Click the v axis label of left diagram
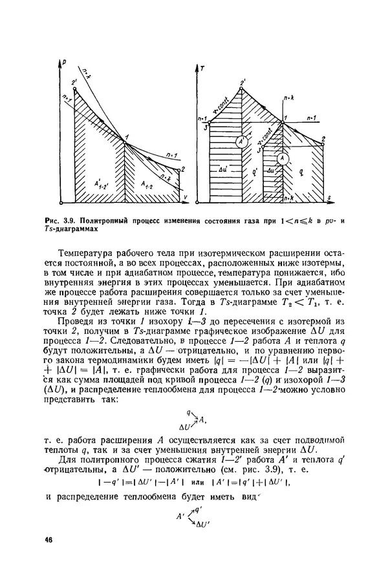coord(186,196)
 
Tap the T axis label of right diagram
coord(203,67)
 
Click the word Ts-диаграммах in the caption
coord(77,230)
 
